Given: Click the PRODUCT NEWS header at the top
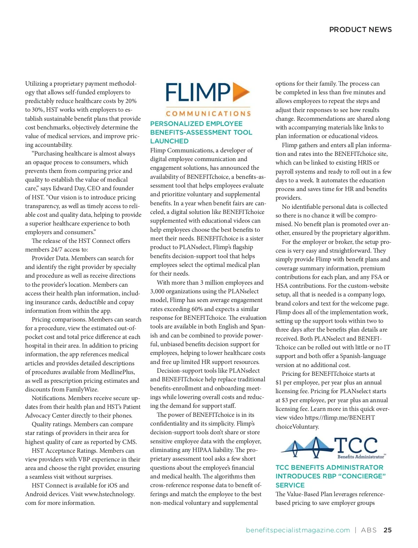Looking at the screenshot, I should [360, 30].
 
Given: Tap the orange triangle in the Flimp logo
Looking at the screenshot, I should [241, 92].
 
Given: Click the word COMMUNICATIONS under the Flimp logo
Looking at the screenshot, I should [208, 114].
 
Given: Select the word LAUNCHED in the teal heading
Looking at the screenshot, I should [169, 141].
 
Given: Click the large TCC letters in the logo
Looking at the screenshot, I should [356, 445].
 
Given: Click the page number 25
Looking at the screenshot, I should [387, 530].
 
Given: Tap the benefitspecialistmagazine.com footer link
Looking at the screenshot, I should [298, 530].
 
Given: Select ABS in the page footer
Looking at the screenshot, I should [369, 530].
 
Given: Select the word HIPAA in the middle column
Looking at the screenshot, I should [202, 450].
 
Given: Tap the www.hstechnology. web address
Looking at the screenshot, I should [109, 494].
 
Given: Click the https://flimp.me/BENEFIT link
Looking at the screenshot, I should [340, 418].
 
